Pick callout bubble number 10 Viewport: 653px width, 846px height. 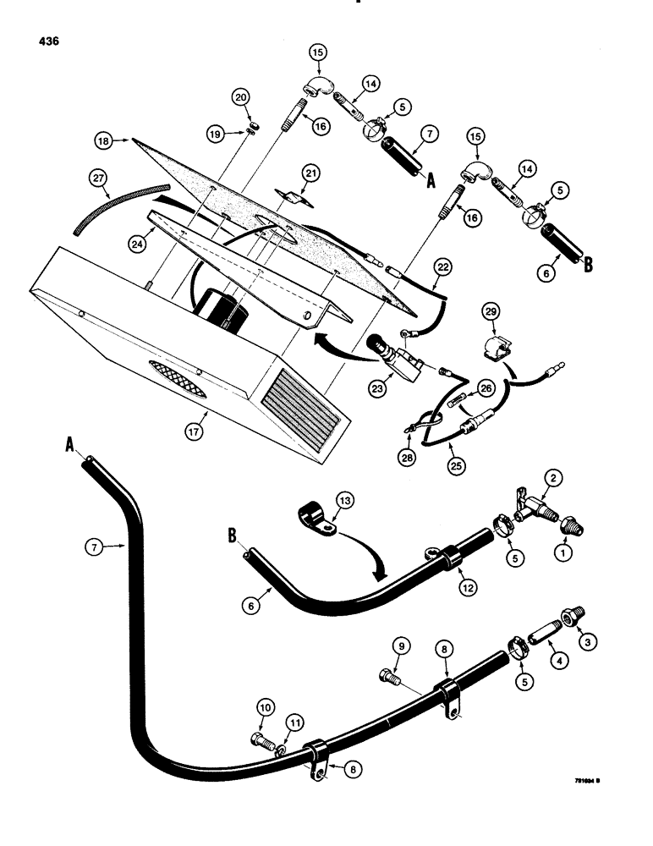(x=264, y=706)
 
